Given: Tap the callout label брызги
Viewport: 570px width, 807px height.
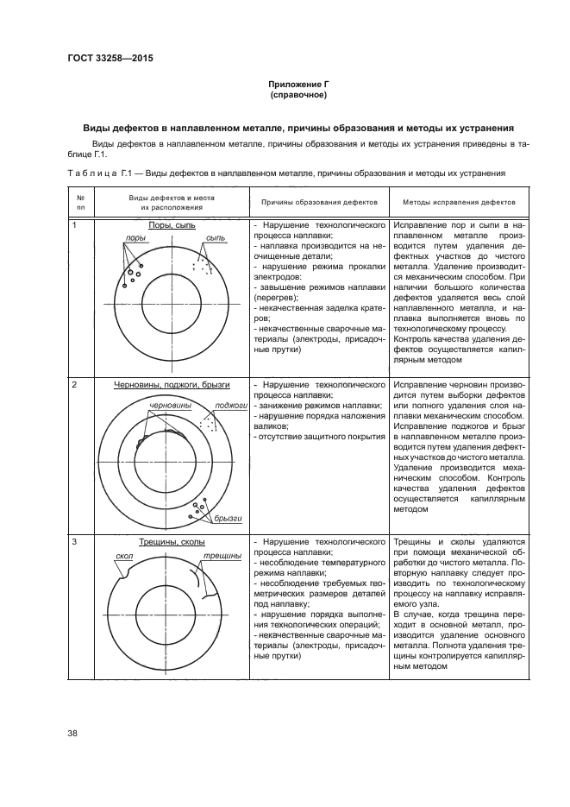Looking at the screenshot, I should click(x=228, y=518).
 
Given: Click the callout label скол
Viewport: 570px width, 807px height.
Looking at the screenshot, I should click(x=122, y=558).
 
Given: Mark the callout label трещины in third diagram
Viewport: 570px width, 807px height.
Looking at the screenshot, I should click(x=222, y=557).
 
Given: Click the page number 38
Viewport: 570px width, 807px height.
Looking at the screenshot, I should click(x=73, y=733).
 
